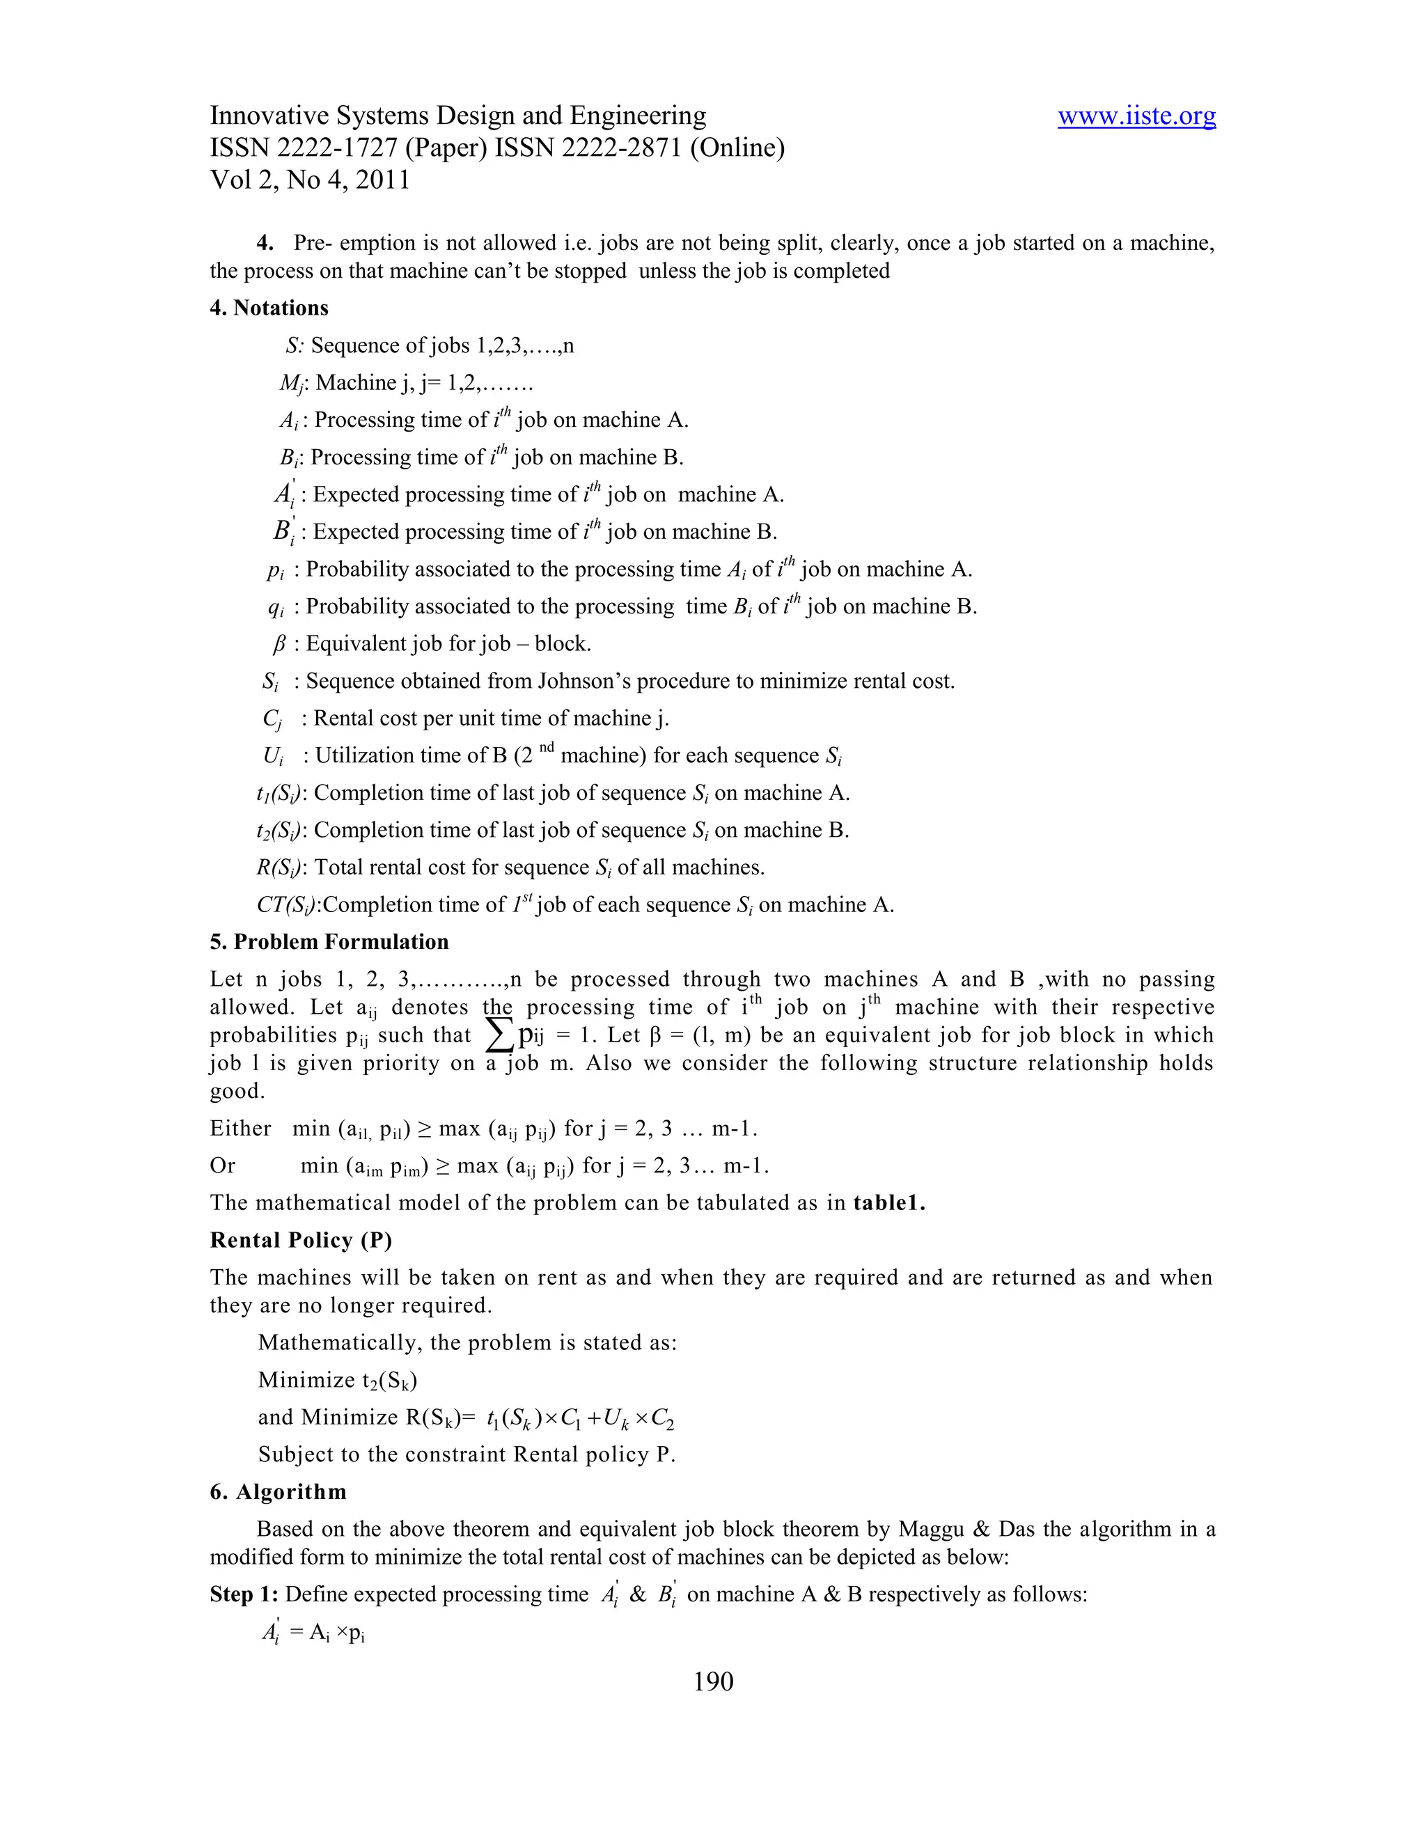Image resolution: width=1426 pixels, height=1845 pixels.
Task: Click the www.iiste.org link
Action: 1136,116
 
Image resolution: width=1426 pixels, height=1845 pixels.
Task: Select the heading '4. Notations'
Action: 269,308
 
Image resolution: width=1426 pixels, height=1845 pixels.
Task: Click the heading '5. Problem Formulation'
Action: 329,942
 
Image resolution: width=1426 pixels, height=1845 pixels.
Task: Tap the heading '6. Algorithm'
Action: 278,1492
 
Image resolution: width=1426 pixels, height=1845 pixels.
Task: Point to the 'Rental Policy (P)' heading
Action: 301,1240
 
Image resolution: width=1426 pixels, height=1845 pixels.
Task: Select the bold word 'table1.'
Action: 890,1203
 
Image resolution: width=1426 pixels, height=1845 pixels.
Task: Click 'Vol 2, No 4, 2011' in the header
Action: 309,180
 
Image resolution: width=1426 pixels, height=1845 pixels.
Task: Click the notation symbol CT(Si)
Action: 288,906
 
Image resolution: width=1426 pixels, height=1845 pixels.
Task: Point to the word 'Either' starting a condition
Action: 240,1129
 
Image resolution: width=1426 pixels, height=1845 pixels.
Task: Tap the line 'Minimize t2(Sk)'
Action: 338,1381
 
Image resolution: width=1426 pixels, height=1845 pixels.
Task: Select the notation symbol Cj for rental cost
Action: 272,719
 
